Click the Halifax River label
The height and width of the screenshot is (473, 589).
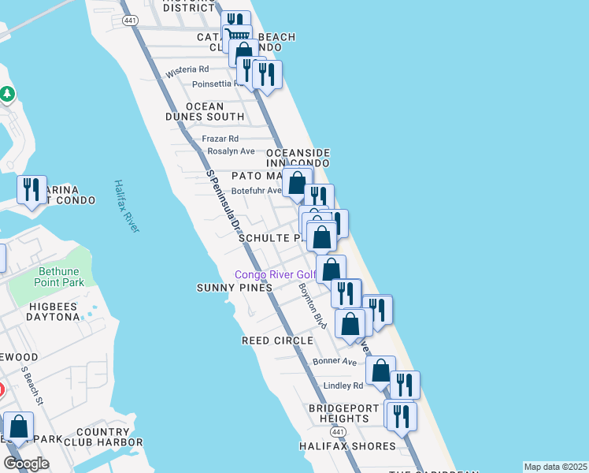click(x=126, y=206)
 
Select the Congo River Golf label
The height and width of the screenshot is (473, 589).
click(x=274, y=274)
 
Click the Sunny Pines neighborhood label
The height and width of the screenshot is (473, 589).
click(x=234, y=288)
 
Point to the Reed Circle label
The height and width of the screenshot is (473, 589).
click(x=277, y=341)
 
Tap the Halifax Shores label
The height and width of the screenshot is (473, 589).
click(x=347, y=446)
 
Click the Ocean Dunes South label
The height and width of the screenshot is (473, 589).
click(x=205, y=111)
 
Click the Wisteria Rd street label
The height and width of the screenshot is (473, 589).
click(x=187, y=72)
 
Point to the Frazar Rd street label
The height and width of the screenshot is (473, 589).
click(x=220, y=139)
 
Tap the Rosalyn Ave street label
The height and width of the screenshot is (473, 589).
click(x=231, y=151)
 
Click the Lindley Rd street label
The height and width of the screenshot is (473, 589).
click(x=343, y=385)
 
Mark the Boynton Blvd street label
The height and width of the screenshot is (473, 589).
click(x=313, y=305)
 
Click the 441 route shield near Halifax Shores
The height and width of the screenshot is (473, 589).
click(x=339, y=433)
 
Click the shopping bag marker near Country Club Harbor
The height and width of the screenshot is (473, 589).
click(x=18, y=426)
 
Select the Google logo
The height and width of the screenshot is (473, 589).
click(x=26, y=464)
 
